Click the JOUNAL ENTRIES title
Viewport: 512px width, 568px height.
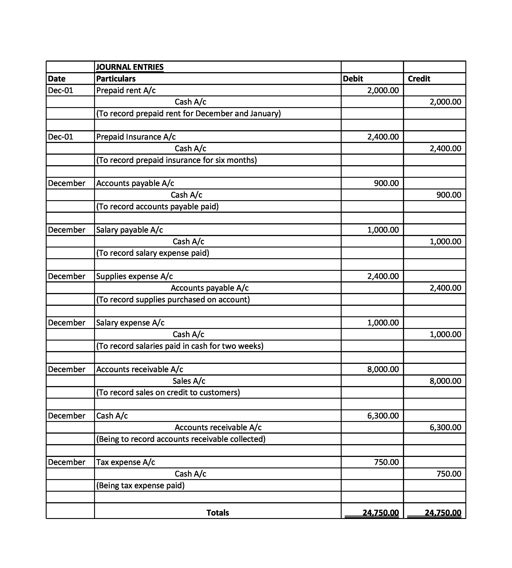click(x=130, y=67)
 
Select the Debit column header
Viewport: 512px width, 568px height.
click(x=353, y=79)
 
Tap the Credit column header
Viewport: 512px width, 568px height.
click(x=419, y=79)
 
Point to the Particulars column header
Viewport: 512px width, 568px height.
click(x=116, y=79)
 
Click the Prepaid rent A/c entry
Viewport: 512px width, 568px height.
click(x=126, y=90)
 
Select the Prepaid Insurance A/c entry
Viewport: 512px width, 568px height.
click(x=136, y=137)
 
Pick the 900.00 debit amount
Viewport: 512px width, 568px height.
click(x=386, y=183)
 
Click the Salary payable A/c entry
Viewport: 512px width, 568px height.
click(x=129, y=230)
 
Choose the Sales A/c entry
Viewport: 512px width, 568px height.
click(x=189, y=381)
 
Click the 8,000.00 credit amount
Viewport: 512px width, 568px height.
click(x=445, y=381)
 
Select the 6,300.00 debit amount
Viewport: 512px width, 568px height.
click(x=383, y=416)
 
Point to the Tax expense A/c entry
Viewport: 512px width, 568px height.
click(x=126, y=462)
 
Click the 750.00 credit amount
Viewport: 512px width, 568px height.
click(x=449, y=474)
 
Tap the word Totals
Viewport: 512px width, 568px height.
click(x=217, y=513)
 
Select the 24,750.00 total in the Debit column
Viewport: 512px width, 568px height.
click(x=380, y=513)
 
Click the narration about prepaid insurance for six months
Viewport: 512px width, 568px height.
click(x=176, y=160)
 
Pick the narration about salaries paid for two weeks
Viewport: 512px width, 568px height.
click(x=180, y=346)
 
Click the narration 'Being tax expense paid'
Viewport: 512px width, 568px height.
click(x=140, y=486)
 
